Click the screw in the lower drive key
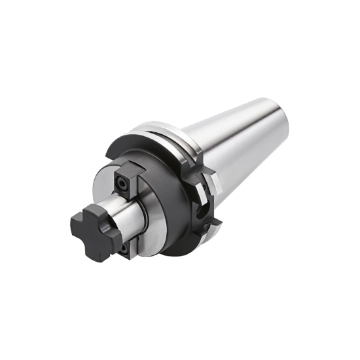(125, 249)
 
